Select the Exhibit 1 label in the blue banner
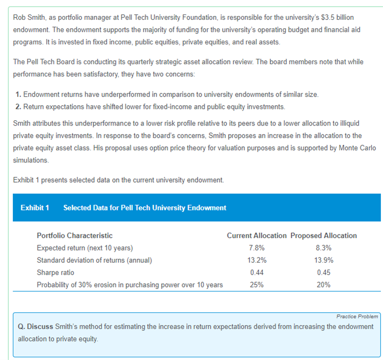(x=35, y=207)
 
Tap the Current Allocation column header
(x=256, y=236)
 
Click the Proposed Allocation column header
(x=324, y=236)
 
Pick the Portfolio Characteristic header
(x=75, y=236)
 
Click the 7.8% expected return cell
(x=256, y=248)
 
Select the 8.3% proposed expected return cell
(x=324, y=248)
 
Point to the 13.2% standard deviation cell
(x=256, y=260)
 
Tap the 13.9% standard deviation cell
(x=324, y=260)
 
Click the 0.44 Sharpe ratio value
(x=256, y=272)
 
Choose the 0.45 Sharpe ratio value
(x=324, y=272)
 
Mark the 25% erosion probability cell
(x=256, y=285)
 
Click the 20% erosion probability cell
(x=324, y=285)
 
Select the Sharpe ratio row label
(x=56, y=272)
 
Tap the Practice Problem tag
(x=357, y=316)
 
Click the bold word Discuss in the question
(x=40, y=326)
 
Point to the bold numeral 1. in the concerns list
(x=19, y=95)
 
